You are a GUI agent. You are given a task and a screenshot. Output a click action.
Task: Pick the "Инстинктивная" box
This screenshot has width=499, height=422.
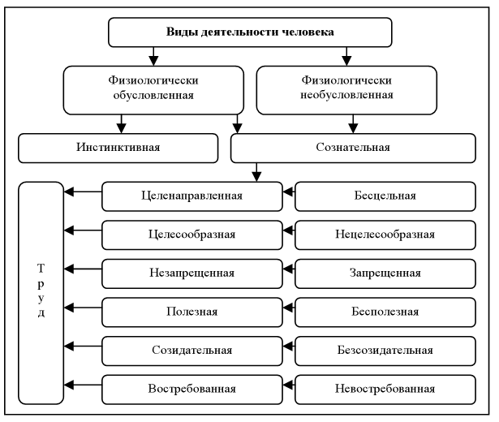coord(118,148)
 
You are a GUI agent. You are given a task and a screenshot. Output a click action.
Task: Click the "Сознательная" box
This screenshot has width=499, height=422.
coord(351,148)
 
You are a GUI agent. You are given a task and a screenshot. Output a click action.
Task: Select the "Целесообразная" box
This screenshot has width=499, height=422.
coord(191,234)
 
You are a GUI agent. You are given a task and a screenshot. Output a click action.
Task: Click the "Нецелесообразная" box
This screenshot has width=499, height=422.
coord(385,234)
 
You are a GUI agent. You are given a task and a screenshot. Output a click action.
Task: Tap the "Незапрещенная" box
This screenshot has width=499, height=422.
coord(191,272)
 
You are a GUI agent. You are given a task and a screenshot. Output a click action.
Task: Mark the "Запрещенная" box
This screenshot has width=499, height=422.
coord(385,272)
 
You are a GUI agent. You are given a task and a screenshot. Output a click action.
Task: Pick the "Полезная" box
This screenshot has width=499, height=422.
coord(191,311)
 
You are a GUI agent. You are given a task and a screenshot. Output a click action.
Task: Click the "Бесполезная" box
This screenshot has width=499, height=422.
coord(385,311)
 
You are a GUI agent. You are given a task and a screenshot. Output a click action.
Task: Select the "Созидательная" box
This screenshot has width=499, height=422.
coord(191,350)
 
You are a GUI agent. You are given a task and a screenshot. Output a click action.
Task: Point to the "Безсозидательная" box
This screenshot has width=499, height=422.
coord(385,350)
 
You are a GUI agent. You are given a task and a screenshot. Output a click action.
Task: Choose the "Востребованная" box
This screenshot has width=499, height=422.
coord(191,388)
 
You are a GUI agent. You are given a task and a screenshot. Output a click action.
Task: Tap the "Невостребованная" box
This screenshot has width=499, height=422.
coord(385,388)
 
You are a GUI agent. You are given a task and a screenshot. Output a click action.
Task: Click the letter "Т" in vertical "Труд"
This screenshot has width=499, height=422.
coord(41,269)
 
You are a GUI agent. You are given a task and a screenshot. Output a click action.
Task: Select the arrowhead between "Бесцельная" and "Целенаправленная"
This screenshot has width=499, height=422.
coord(288,194)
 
